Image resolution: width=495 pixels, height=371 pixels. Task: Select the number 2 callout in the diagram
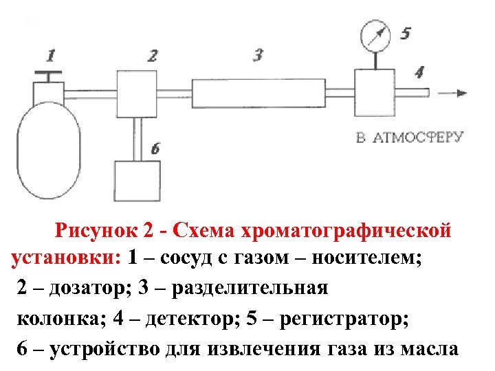coord(152,55)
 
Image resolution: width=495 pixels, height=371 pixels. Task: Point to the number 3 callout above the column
coord(258,54)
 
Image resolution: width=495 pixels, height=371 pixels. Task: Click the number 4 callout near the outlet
coord(419,71)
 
